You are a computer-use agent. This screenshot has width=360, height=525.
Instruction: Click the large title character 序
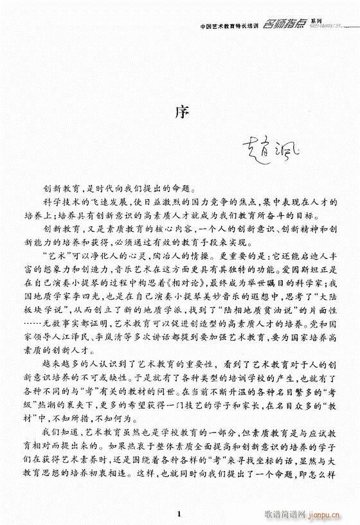[180, 109]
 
